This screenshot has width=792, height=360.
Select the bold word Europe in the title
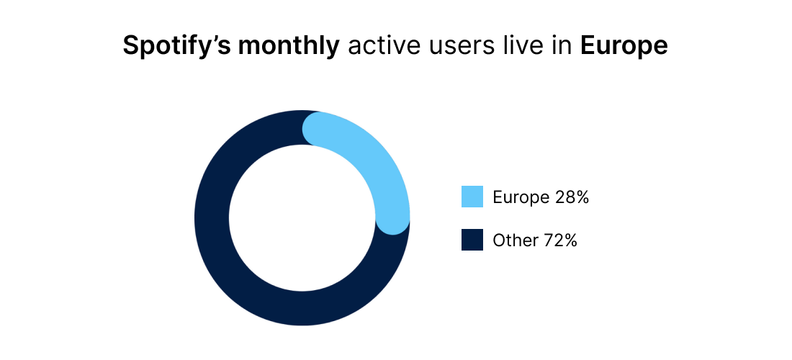pyautogui.click(x=624, y=46)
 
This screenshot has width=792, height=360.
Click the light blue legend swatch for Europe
pyautogui.click(x=472, y=197)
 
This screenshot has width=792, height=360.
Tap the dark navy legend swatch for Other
pyautogui.click(x=472, y=240)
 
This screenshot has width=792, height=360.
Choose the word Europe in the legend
pyautogui.click(x=520, y=197)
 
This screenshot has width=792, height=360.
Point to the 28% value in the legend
pyautogui.click(x=572, y=197)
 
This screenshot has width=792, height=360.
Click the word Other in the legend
pyautogui.click(x=513, y=240)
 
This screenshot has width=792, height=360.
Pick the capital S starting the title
pyautogui.click(x=130, y=46)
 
